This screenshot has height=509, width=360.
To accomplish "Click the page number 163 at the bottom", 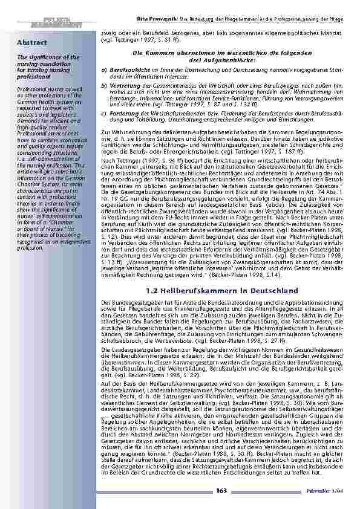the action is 222,489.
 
